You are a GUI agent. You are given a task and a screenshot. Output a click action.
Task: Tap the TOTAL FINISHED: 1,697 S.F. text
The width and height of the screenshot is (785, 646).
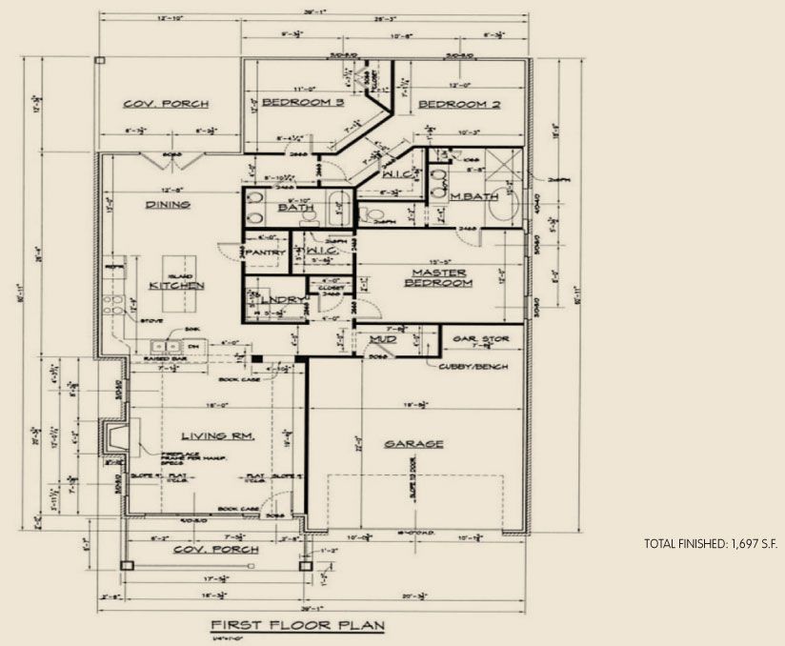711,544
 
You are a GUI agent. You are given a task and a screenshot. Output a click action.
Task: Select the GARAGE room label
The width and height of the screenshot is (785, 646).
413,444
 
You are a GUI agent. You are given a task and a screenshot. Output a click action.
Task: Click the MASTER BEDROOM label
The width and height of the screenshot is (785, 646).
438,277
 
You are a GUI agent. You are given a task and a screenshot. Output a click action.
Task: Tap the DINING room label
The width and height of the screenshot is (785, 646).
168,204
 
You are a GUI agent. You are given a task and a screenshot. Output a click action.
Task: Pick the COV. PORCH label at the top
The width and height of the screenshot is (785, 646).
166,104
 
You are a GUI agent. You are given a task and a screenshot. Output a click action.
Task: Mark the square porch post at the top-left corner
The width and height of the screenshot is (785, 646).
100,60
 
